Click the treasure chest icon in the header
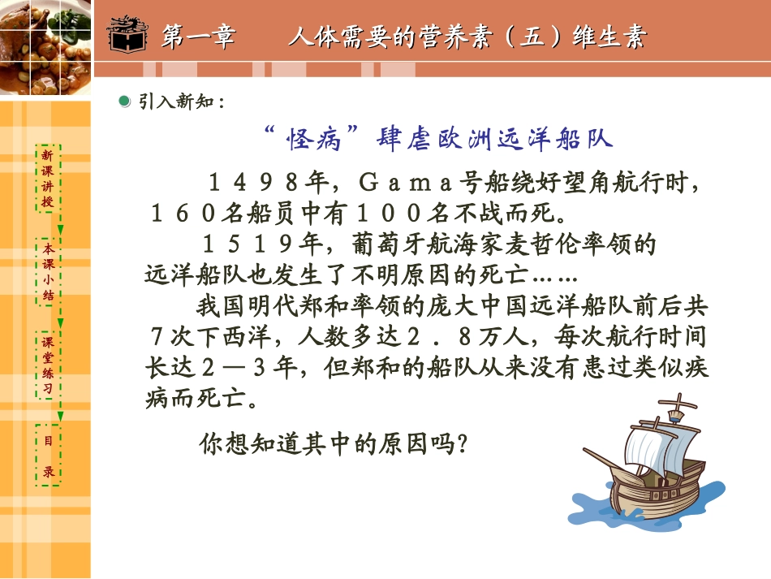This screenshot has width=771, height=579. coord(130,36)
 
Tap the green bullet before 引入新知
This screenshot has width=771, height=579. coord(124,101)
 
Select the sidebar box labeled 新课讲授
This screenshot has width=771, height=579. coord(49,178)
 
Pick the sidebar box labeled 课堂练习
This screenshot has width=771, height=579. coord(49,365)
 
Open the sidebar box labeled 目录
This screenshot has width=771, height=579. coord(49,456)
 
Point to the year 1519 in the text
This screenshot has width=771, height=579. coord(241,244)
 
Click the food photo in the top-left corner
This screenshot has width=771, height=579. coord(45,47)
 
